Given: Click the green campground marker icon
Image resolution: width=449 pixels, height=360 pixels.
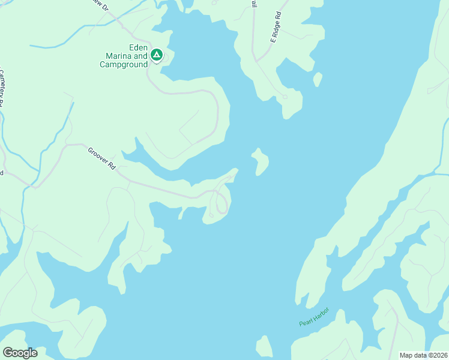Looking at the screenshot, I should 156,55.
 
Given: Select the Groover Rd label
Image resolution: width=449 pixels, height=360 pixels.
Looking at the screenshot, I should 101,159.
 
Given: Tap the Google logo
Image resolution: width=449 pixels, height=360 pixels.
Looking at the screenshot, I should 20,353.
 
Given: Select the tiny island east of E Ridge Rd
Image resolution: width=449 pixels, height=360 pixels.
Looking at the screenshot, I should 318,79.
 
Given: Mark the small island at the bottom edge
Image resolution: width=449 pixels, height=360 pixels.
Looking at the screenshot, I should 264,347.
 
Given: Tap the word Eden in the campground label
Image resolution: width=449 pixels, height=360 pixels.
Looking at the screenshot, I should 139,48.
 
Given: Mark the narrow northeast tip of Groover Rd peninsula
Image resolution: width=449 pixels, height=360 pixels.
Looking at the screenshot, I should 235,171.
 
